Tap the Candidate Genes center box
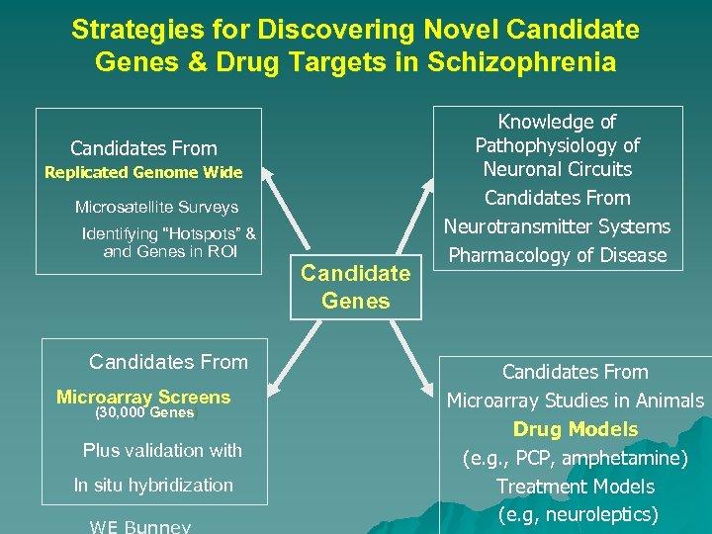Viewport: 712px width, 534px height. tap(356, 286)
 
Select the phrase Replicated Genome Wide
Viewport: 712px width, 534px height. tap(143, 173)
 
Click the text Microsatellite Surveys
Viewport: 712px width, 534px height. tap(156, 208)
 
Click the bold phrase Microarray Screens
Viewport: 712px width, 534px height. tap(143, 398)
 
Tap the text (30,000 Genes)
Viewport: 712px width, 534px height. tap(146, 413)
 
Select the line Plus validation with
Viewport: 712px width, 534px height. tap(162, 450)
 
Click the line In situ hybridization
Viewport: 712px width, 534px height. tap(153, 485)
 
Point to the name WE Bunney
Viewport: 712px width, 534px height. tap(139, 525)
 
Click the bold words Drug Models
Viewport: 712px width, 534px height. tap(576, 429)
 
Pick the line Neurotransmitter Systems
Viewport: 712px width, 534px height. tap(557, 226)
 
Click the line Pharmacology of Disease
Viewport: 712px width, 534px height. tap(558, 255)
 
